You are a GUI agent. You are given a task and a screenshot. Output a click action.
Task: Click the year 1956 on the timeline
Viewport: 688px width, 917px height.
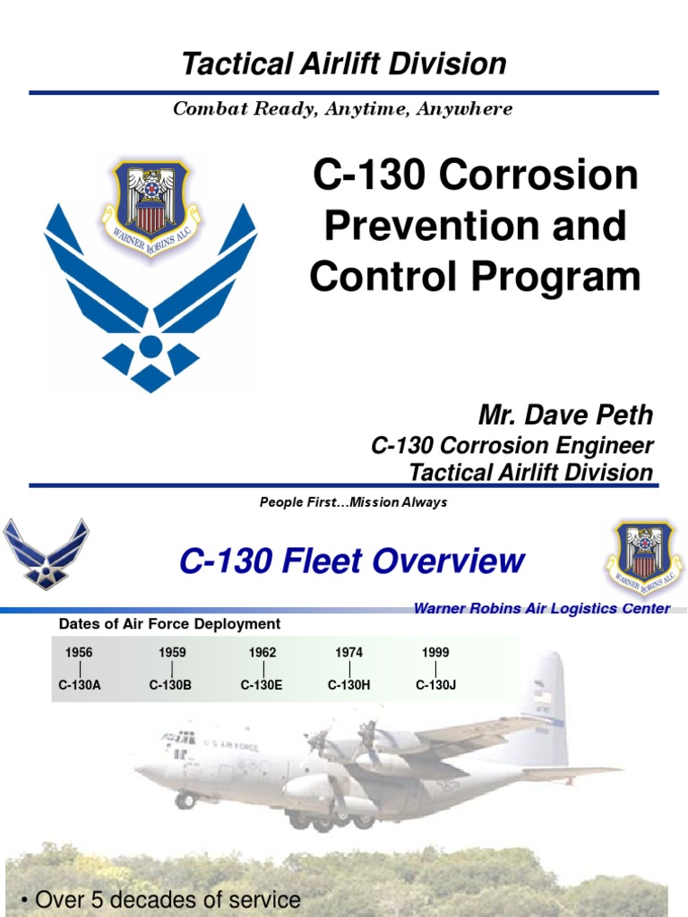click(79, 653)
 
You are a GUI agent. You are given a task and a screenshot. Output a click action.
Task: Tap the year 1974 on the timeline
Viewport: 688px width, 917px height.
click(349, 653)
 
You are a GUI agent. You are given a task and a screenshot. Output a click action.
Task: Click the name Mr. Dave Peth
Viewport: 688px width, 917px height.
click(565, 415)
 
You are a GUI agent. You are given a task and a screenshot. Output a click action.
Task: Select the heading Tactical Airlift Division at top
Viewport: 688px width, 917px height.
click(344, 64)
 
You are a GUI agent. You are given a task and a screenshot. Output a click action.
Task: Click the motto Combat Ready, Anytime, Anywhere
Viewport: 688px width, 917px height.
click(343, 109)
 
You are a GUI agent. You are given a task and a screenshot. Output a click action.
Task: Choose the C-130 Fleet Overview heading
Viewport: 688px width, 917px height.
click(351, 561)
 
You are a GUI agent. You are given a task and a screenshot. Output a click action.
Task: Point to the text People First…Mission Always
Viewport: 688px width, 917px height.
click(353, 502)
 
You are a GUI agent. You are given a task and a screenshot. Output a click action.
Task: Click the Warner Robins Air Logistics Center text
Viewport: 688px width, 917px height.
click(541, 609)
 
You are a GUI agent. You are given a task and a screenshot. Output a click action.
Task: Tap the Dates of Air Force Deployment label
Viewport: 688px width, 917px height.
click(169, 624)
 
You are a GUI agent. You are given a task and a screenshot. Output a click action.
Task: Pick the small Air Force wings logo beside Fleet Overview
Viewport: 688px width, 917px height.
click(46, 553)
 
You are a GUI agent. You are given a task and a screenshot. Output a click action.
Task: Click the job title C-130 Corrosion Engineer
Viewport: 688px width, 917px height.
click(512, 446)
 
